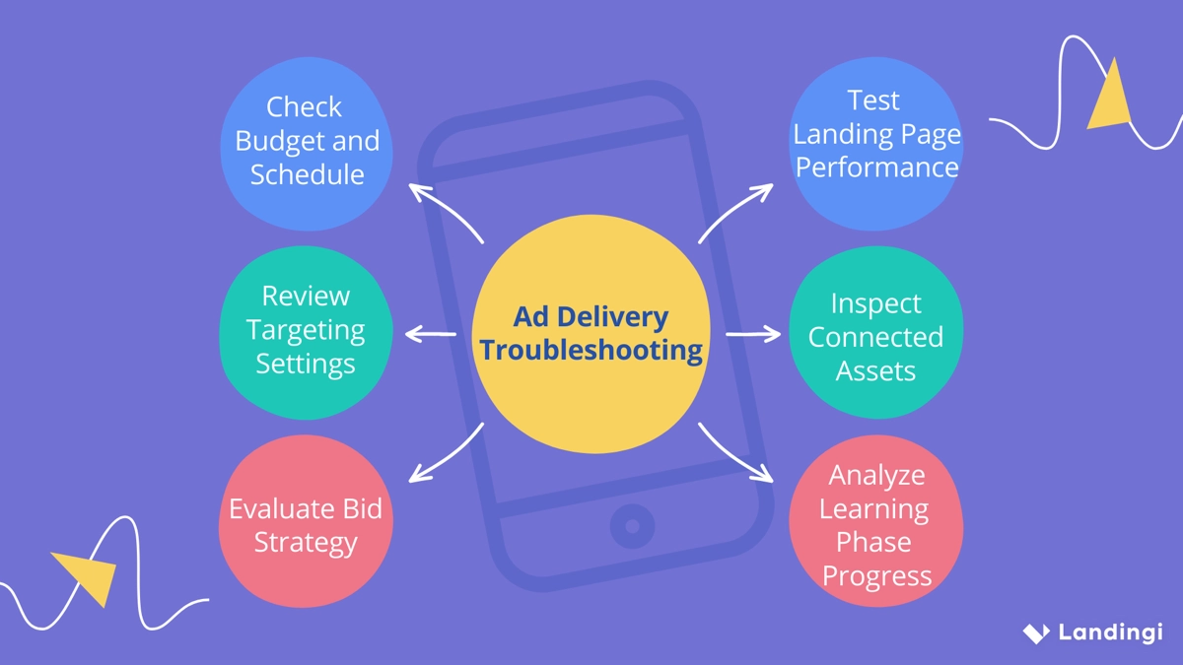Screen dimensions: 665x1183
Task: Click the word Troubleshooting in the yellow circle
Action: (591, 351)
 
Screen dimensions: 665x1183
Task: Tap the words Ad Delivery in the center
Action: (591, 317)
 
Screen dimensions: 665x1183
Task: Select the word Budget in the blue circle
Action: (272, 141)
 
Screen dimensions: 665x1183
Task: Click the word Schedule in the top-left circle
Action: (307, 174)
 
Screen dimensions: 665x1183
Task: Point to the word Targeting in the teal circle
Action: (306, 329)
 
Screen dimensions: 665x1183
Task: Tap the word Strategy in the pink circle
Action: (306, 542)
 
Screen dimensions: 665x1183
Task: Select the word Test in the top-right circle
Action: (873, 100)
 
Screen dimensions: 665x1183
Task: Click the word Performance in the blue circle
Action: (876, 166)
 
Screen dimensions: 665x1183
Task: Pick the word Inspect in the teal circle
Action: (875, 303)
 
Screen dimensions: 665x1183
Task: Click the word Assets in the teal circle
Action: (875, 370)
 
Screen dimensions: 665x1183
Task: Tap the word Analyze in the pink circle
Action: (876, 475)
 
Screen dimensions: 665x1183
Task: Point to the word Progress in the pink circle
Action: (876, 575)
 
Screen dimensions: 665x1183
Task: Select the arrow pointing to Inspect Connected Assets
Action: (752, 334)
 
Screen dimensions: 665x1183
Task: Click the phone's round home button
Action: (632, 525)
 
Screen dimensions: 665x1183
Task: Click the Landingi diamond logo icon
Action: (1036, 632)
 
